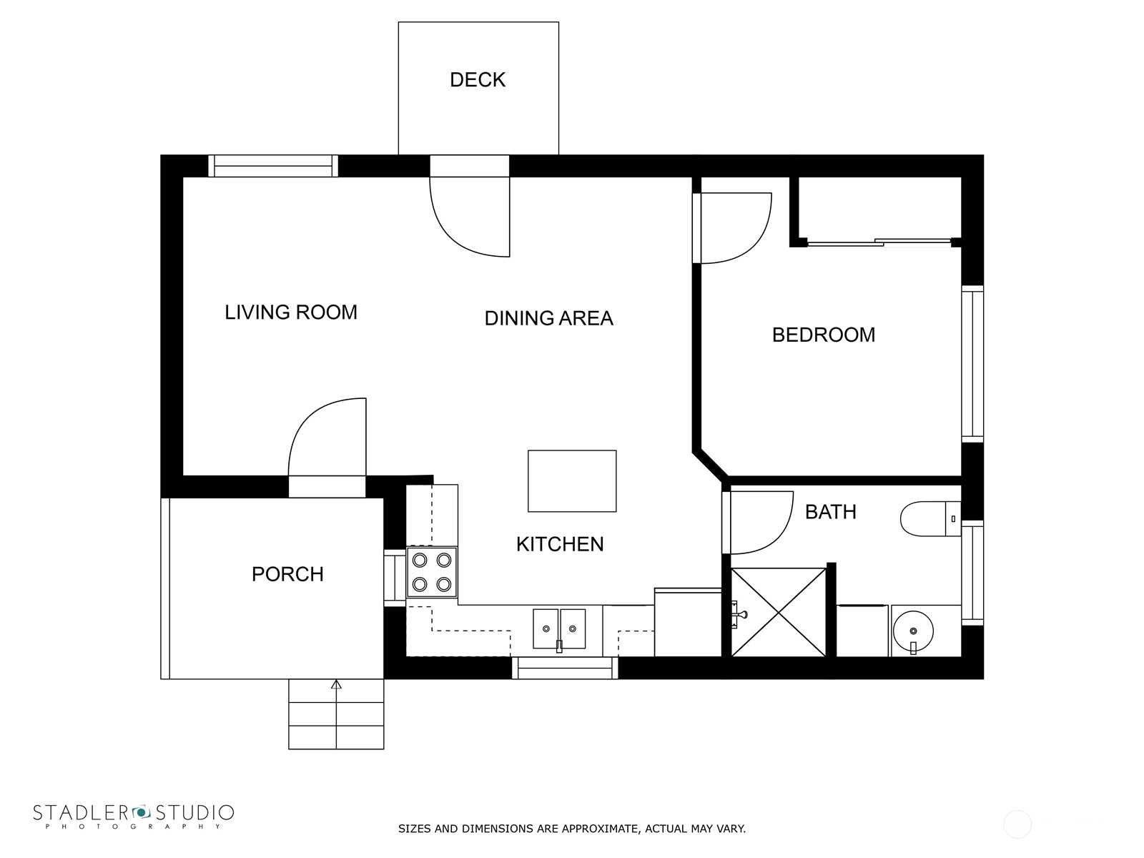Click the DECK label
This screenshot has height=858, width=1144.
(478, 79)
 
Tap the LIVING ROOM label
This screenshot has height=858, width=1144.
(291, 312)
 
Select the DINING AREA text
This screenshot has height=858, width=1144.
(549, 317)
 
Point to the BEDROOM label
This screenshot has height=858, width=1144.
(824, 335)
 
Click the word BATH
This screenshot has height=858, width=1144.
(831, 511)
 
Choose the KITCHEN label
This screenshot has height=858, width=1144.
(560, 544)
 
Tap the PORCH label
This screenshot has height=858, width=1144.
(287, 574)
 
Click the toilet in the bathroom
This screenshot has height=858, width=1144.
(930, 518)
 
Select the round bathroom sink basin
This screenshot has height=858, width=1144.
(913, 631)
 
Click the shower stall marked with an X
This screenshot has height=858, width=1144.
(779, 612)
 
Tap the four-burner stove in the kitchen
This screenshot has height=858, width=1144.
(432, 572)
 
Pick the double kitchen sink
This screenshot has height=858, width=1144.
(558, 628)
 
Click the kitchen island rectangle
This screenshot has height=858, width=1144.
(572, 480)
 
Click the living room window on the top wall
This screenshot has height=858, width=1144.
(273, 166)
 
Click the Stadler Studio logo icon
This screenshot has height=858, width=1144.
(141, 812)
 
